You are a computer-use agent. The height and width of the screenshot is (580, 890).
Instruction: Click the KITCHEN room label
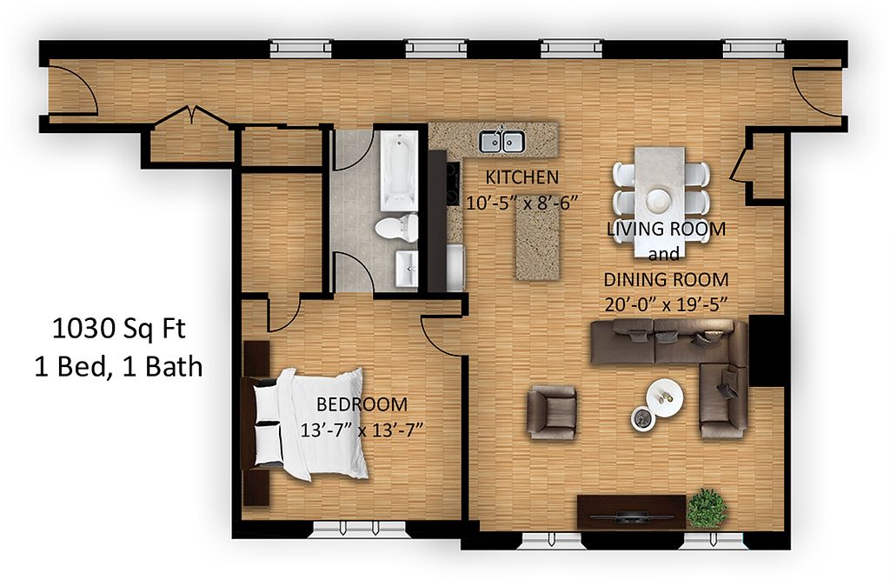click(x=522, y=177)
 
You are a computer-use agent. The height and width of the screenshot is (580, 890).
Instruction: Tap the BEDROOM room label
click(x=362, y=404)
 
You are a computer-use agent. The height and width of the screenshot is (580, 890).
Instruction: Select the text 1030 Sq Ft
click(x=118, y=329)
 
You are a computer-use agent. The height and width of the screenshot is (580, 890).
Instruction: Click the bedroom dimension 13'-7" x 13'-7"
click(x=362, y=430)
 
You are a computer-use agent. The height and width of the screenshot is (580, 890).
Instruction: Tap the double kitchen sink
click(x=501, y=141)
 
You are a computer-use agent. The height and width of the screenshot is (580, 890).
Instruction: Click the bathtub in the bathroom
click(x=399, y=171)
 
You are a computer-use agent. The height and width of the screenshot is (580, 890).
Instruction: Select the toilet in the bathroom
click(x=396, y=227)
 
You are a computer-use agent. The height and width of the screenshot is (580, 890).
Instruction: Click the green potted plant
click(x=707, y=508)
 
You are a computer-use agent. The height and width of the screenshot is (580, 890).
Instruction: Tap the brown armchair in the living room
click(x=551, y=412)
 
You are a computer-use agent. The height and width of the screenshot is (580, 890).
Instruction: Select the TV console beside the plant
click(x=632, y=512)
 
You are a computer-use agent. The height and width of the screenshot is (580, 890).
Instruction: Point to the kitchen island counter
click(x=537, y=244)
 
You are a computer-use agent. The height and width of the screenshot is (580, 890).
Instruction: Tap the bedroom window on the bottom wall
click(x=360, y=530)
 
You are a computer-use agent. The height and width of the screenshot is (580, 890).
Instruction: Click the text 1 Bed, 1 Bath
click(x=118, y=367)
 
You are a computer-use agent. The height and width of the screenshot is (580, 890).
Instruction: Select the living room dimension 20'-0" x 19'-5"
click(x=666, y=305)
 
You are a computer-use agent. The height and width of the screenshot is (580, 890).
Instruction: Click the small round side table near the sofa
click(x=643, y=419)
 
